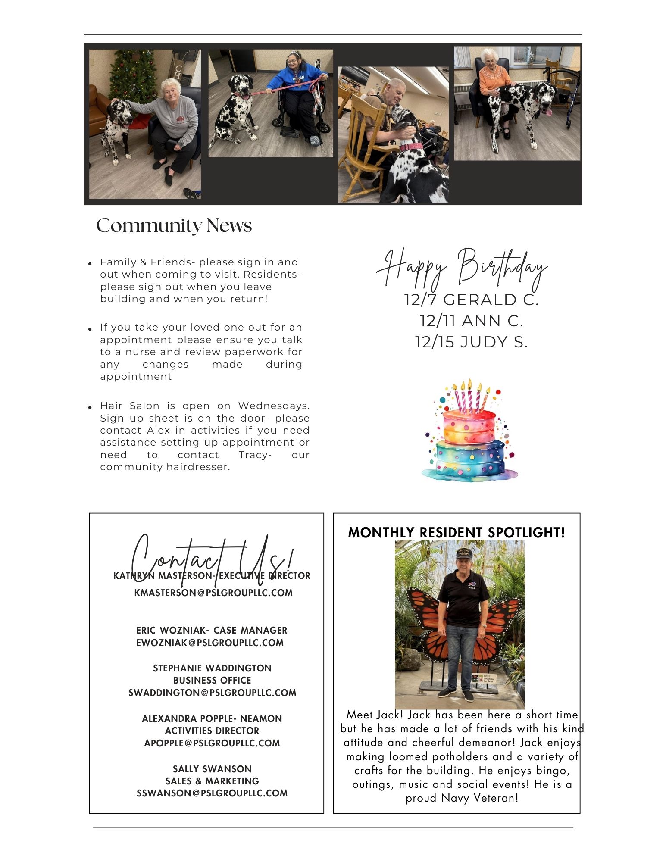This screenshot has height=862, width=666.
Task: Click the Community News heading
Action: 174,225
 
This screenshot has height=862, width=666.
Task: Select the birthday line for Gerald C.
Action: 471,300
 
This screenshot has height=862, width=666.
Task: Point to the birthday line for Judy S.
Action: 471,342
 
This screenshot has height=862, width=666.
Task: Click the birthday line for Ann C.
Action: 471,321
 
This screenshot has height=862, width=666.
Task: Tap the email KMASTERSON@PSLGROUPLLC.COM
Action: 213,593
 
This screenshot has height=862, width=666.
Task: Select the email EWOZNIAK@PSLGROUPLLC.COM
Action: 210,643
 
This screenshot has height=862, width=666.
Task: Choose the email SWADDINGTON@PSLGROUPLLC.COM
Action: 212,693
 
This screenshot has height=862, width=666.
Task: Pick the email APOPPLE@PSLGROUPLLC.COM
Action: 212,743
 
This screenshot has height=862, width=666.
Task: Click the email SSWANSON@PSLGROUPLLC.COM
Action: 212,793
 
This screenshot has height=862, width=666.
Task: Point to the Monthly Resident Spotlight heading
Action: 457,533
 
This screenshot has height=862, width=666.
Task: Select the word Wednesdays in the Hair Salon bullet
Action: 274,406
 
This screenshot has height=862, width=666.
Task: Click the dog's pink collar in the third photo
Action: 411,146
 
